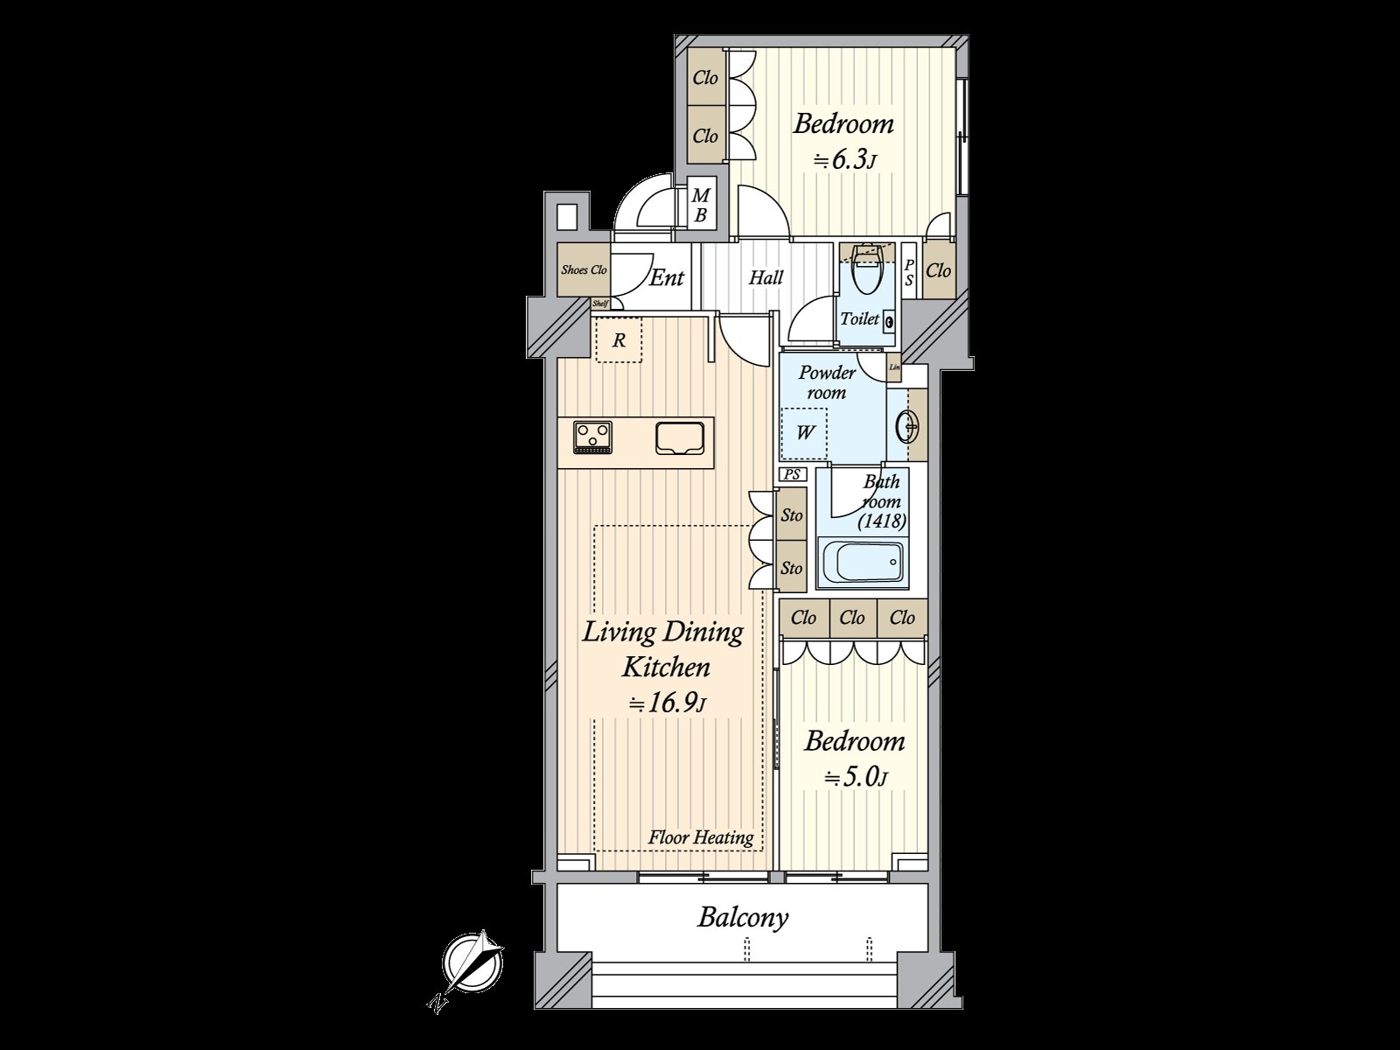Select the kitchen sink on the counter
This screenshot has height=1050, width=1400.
679,437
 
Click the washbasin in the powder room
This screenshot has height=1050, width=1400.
907,427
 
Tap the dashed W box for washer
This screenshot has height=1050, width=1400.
804,432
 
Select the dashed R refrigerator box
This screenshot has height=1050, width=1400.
619,340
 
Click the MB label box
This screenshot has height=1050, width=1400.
700,205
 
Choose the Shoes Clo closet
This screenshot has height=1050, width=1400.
584,270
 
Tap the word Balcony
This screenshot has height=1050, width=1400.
743,918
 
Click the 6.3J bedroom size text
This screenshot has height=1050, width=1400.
845,161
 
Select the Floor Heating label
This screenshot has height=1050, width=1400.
700,837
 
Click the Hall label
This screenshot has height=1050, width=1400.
766,278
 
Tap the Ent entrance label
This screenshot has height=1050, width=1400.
667,278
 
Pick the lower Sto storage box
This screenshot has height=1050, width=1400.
792,568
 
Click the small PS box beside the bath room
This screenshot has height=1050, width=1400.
793,475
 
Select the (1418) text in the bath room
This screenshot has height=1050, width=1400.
881,521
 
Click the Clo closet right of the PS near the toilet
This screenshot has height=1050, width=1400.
938,270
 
